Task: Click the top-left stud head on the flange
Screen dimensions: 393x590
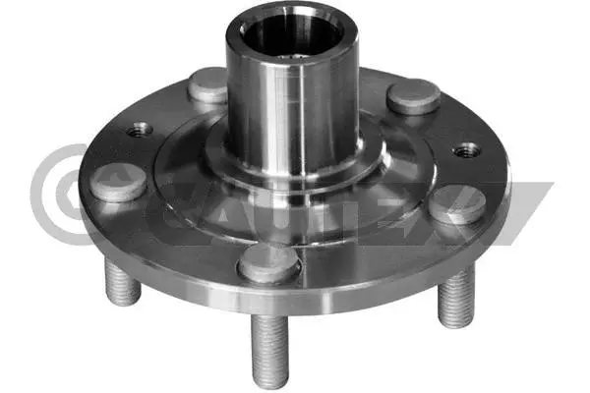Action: [x=207, y=85]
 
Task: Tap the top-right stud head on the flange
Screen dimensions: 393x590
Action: [x=413, y=95]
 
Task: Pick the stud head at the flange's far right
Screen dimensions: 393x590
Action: [x=458, y=203]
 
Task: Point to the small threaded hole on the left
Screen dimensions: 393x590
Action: [x=139, y=129]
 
